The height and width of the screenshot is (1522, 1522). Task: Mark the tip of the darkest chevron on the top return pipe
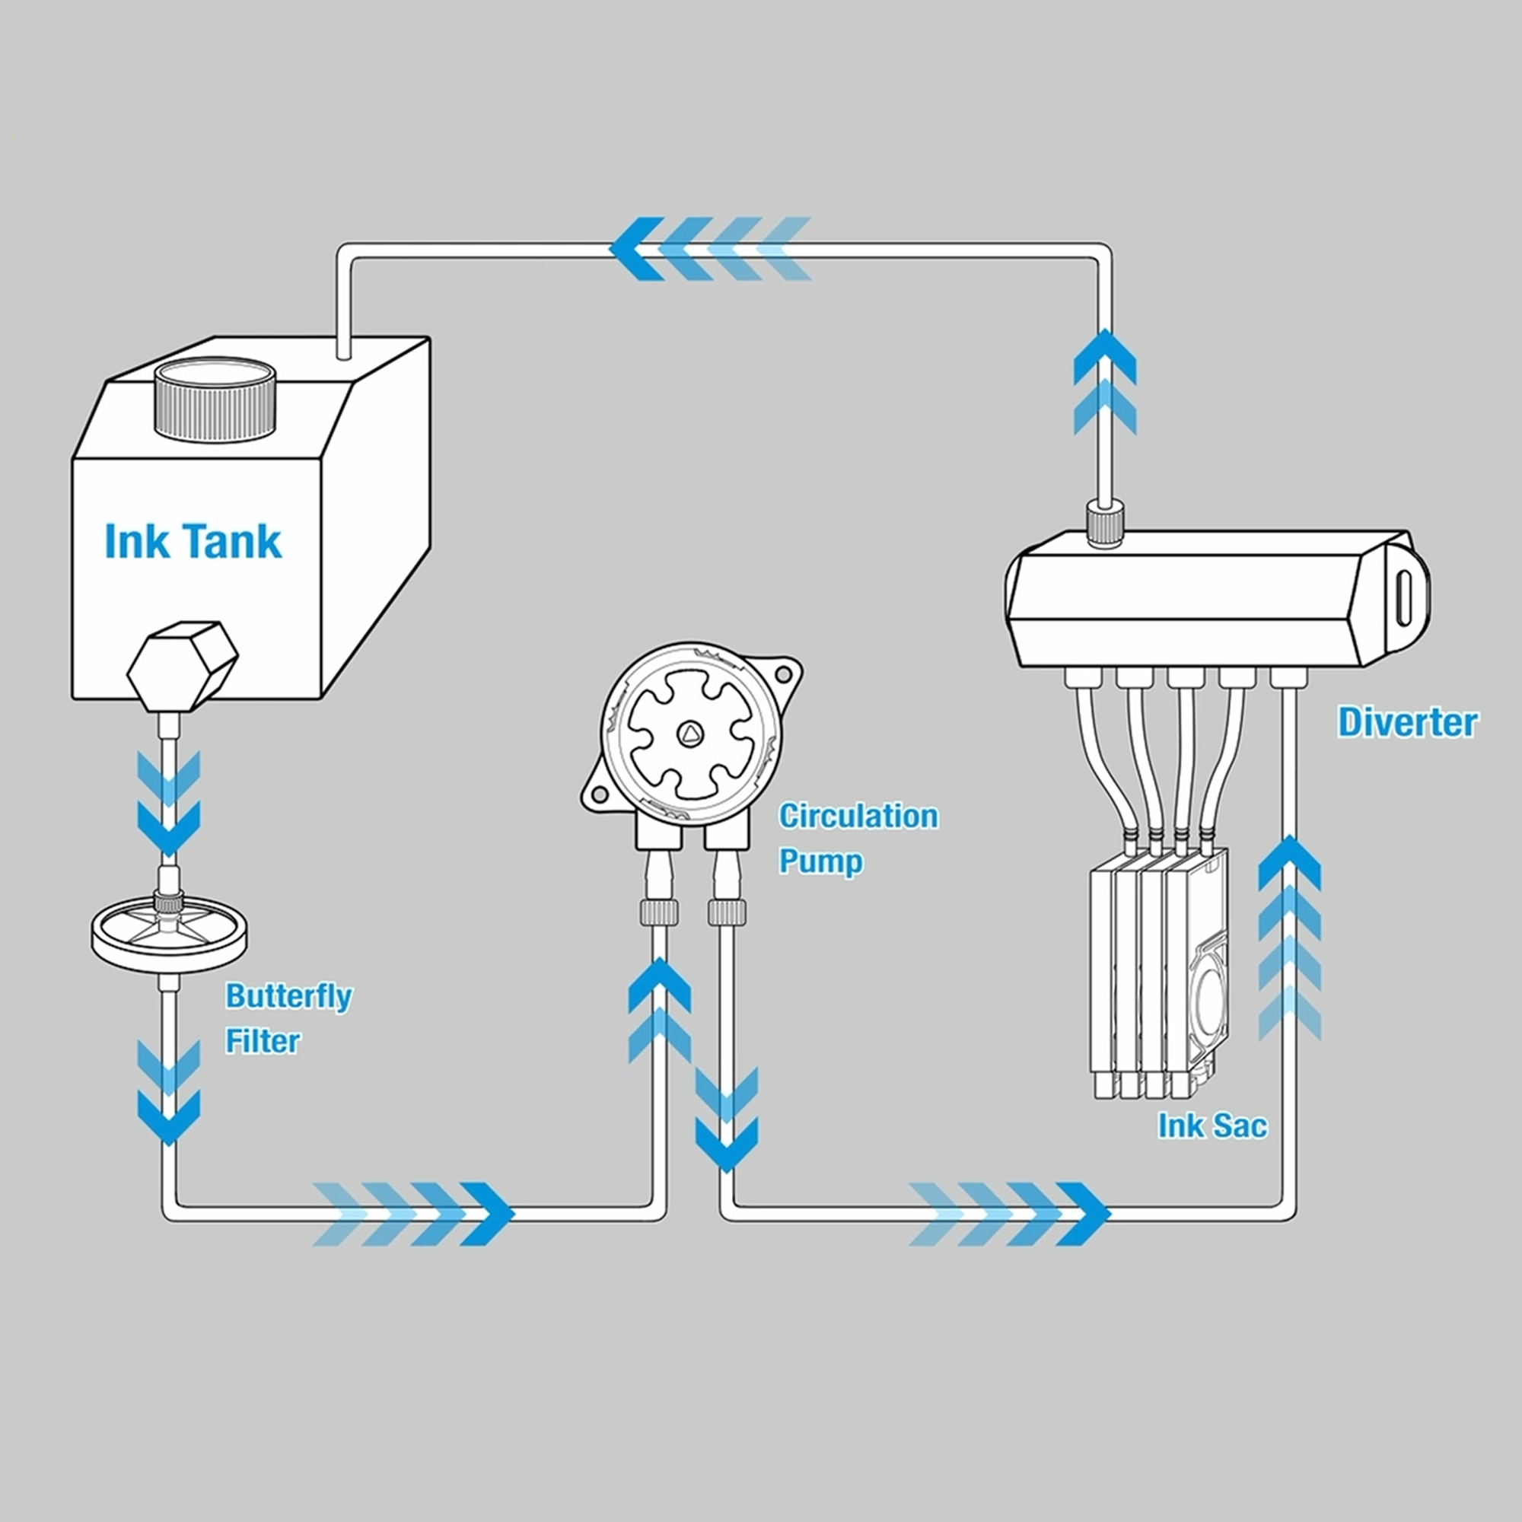(x=611, y=249)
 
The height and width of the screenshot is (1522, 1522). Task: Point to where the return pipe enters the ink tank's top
(x=342, y=355)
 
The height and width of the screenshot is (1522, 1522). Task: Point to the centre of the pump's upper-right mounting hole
(x=783, y=674)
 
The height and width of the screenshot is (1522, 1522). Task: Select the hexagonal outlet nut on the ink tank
(x=183, y=666)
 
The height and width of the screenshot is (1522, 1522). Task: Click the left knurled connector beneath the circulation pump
(x=659, y=912)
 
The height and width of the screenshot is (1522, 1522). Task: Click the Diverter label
(x=1409, y=722)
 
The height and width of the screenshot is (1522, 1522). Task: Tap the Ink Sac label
(x=1212, y=1125)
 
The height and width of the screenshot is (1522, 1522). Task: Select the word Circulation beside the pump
(x=858, y=816)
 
